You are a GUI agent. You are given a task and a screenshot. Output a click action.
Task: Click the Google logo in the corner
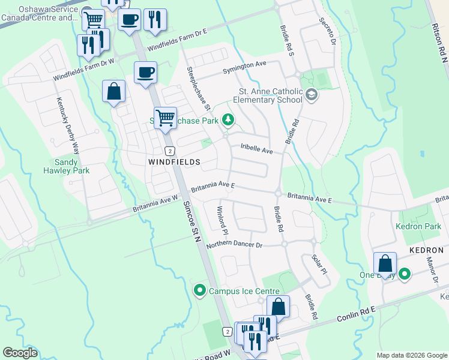pos(20,353)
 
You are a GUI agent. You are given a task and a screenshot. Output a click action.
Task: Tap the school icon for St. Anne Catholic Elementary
pos(312,94)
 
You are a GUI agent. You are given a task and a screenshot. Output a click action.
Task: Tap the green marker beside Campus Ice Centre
pos(199,291)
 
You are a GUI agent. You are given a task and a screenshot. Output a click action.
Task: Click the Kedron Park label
pos(418,226)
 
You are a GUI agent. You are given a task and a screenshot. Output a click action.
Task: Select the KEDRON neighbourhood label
pos(427,250)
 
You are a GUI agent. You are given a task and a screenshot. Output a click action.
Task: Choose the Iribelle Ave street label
pos(257,148)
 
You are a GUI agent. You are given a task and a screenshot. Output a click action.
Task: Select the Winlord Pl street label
pos(221,220)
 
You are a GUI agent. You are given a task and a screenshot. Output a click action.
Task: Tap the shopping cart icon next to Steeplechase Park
pos(164,117)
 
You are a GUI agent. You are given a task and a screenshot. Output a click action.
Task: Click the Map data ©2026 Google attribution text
pos(412,355)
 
